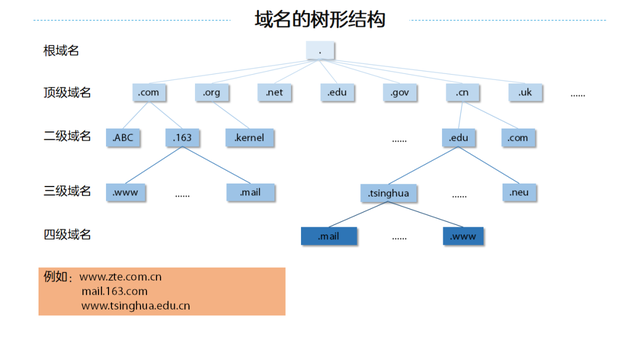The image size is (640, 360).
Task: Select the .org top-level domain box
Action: click(x=211, y=92)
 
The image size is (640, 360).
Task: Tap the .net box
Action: click(x=276, y=92)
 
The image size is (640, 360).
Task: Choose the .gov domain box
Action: click(x=398, y=92)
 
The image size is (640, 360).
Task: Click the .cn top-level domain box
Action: click(x=461, y=92)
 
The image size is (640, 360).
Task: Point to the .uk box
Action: click(x=525, y=92)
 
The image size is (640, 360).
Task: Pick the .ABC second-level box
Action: click(x=124, y=137)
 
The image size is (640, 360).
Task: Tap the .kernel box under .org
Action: click(x=250, y=137)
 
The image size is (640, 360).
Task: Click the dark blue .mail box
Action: click(x=330, y=237)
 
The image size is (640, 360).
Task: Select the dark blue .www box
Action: click(x=464, y=237)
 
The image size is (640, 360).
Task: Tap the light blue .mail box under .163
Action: click(x=250, y=191)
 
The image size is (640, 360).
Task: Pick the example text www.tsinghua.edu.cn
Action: click(x=135, y=305)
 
